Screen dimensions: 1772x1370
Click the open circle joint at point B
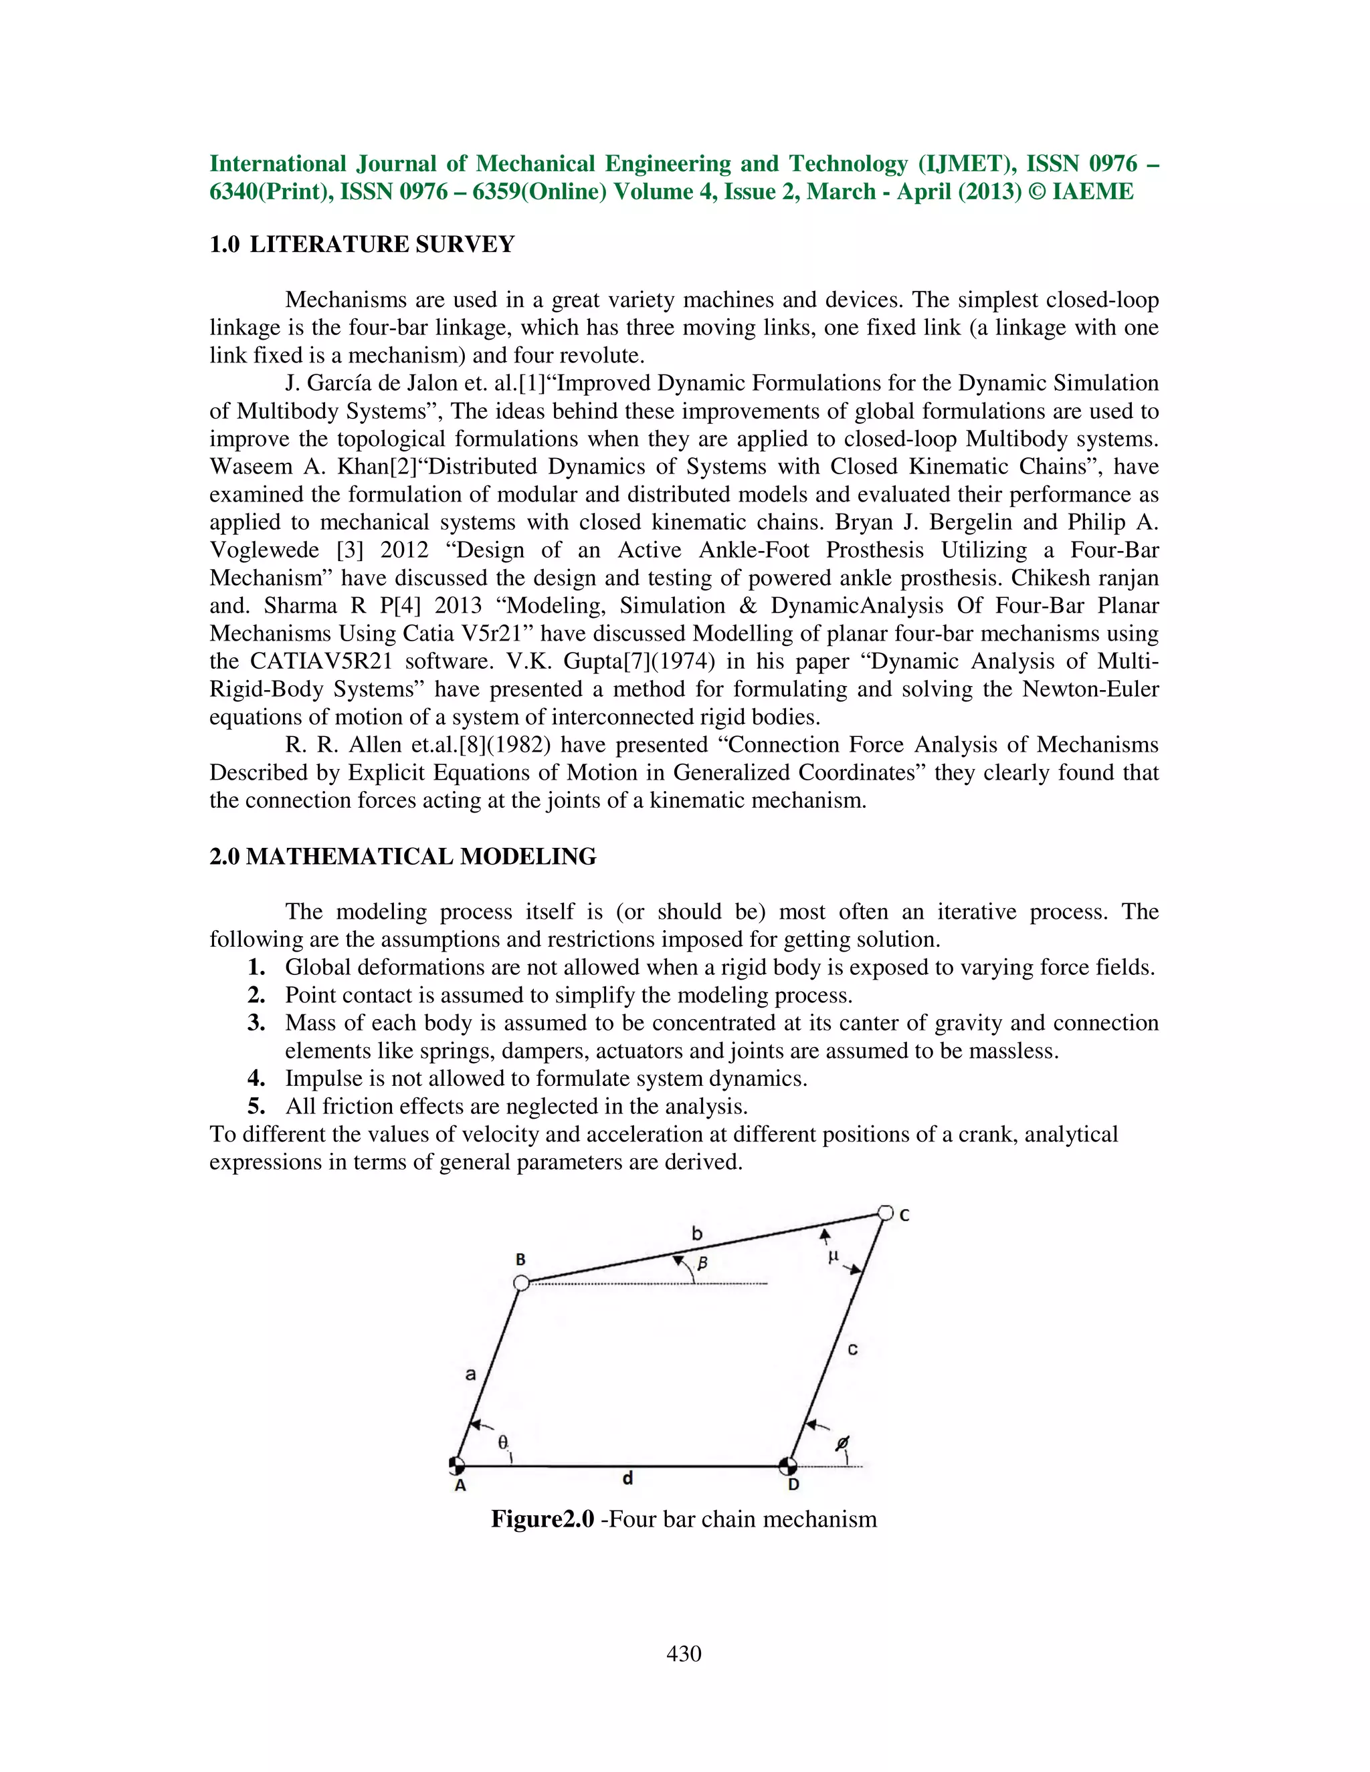[x=522, y=1283]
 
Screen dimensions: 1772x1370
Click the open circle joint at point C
[x=886, y=1213]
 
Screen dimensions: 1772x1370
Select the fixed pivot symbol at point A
[x=457, y=1464]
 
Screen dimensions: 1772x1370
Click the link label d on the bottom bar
[x=627, y=1478]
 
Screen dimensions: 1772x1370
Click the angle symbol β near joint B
[x=703, y=1262]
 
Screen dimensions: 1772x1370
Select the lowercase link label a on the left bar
[x=470, y=1374]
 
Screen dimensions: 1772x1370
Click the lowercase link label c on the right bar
[x=852, y=1350]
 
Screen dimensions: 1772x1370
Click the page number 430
[x=684, y=1654]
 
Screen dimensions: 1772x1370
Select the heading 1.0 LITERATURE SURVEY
[x=362, y=244]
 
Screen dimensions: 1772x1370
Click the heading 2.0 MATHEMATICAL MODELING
[x=403, y=856]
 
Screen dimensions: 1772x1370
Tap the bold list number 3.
[x=256, y=1022]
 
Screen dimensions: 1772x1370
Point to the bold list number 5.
[x=256, y=1106]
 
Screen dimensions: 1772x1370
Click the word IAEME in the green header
[x=1092, y=191]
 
